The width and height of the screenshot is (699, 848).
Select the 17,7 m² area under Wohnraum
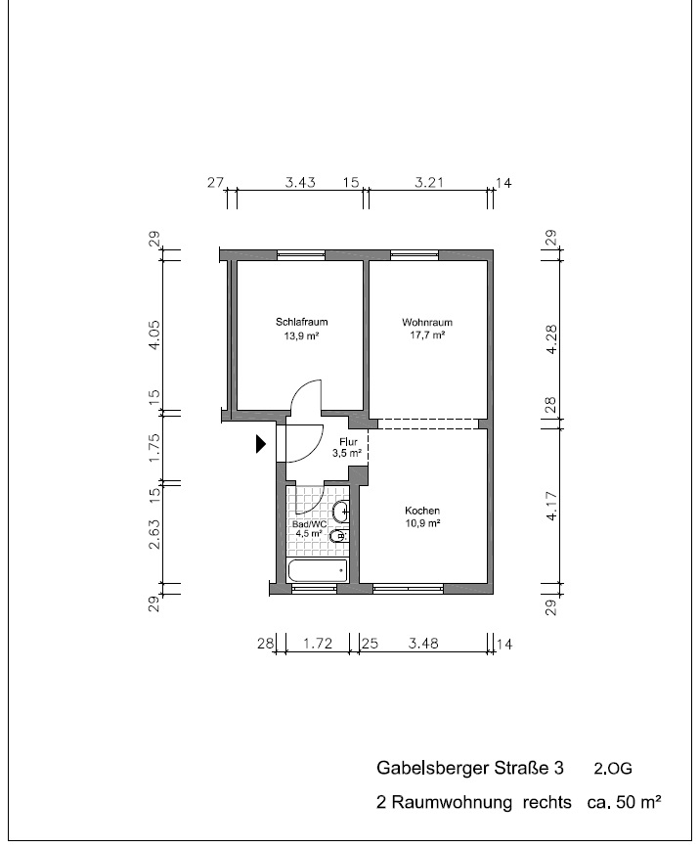[427, 335]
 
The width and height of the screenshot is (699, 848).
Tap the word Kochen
[422, 511]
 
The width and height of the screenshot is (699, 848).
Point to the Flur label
[349, 442]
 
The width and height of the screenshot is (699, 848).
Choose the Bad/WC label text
[309, 523]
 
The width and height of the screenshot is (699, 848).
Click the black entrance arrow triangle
[260, 444]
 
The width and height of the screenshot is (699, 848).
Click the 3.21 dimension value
[430, 182]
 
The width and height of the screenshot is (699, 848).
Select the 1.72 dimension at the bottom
[319, 644]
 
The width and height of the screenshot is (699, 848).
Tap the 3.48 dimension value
[424, 644]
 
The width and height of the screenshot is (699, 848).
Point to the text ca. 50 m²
[623, 803]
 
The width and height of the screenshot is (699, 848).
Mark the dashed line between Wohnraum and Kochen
[427, 424]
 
